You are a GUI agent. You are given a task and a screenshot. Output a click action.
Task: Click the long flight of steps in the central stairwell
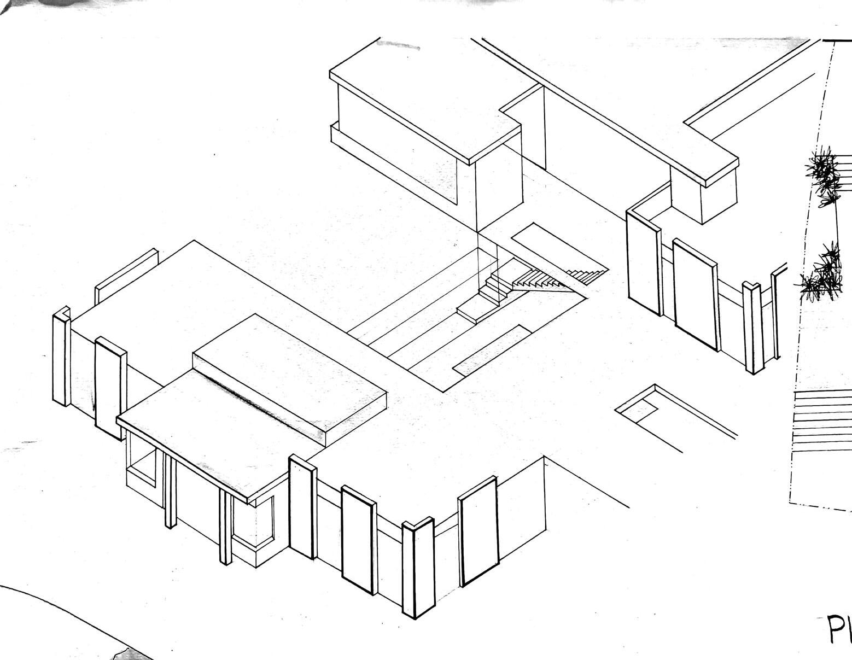tap(539, 279)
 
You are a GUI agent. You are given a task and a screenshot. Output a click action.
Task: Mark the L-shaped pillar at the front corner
tap(418, 569)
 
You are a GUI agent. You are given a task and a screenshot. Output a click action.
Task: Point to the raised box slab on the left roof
tap(290, 372)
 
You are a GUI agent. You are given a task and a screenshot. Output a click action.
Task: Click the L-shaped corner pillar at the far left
tap(61, 358)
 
